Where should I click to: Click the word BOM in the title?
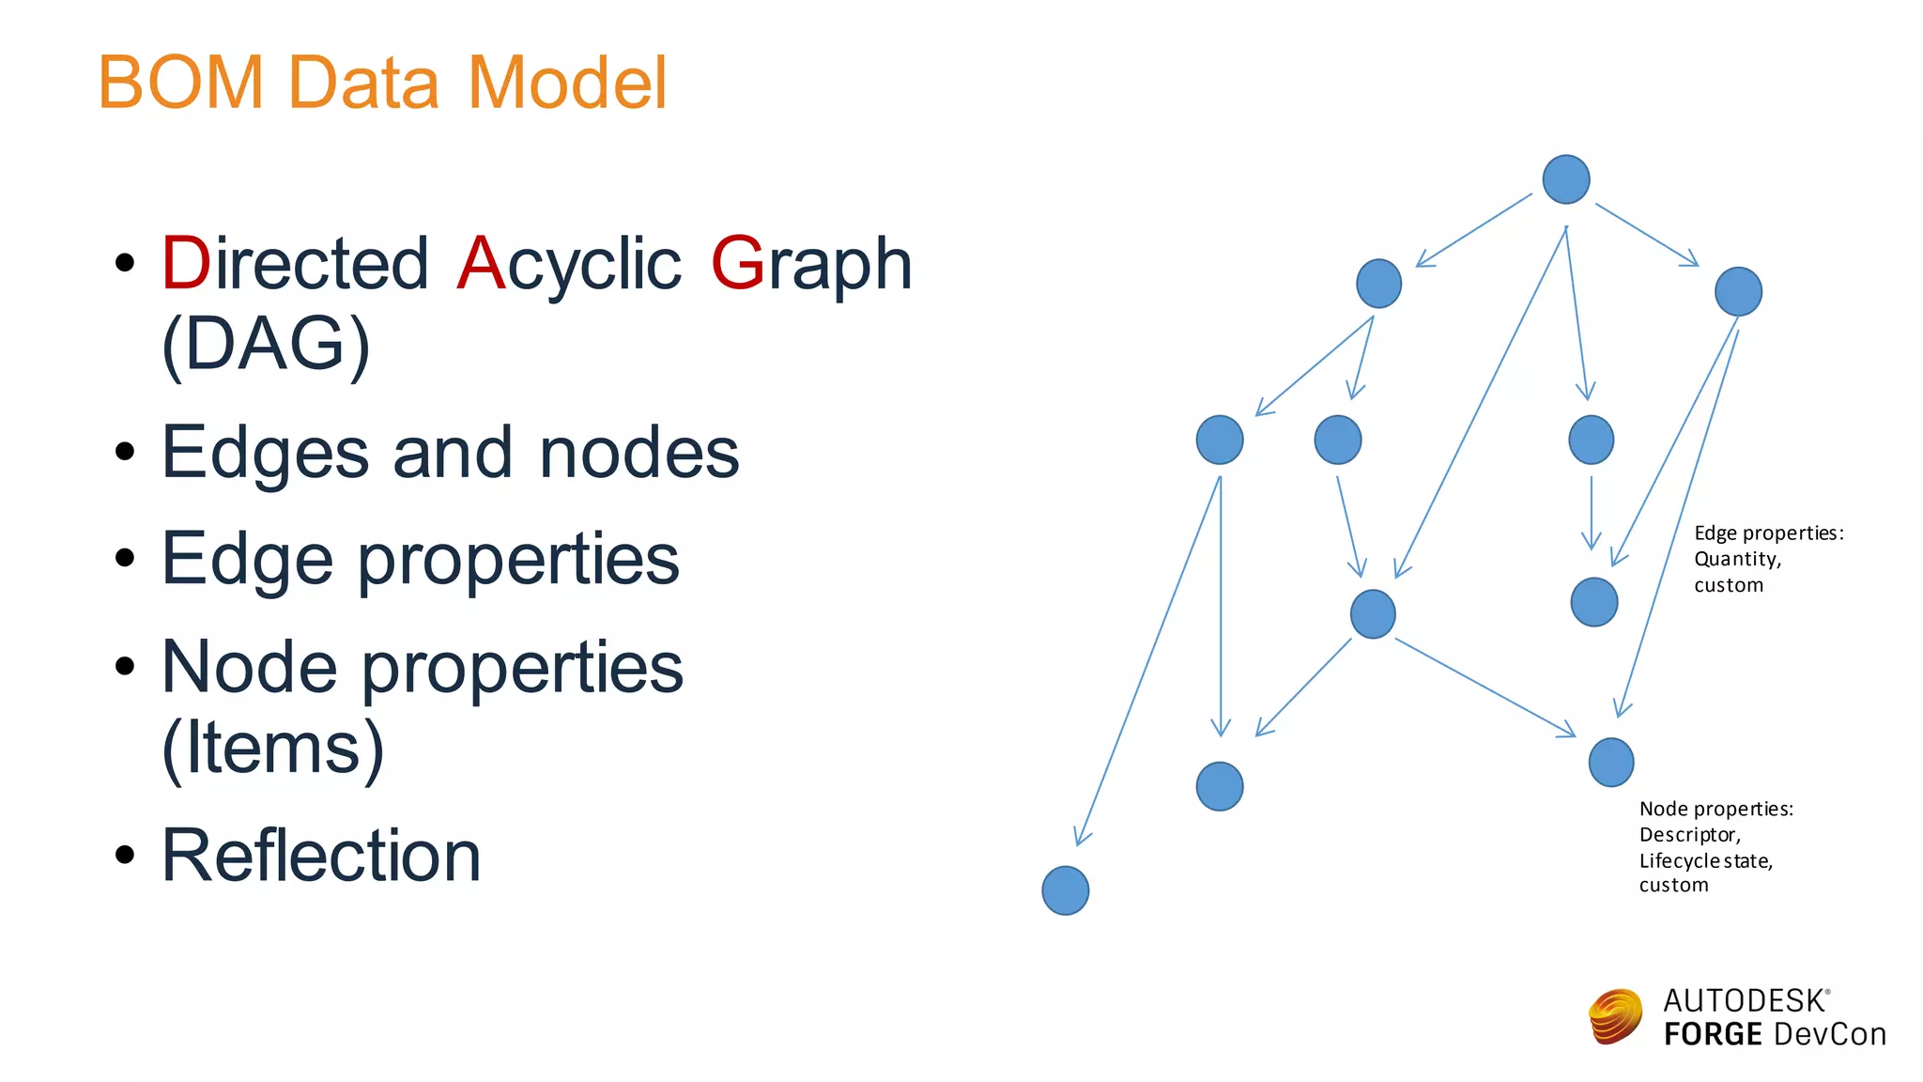pos(181,83)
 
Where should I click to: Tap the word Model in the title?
pos(566,83)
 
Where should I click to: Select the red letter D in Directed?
pos(186,264)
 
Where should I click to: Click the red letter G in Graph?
pos(738,264)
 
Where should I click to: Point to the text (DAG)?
pos(266,345)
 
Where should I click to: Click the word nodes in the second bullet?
pos(639,454)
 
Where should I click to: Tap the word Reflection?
pos(321,856)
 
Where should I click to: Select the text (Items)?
pos(272,748)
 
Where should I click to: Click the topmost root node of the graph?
pos(1566,179)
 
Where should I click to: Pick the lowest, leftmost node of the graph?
pos(1066,890)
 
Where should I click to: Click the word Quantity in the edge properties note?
pos(1737,559)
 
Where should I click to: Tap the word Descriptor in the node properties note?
pos(1689,834)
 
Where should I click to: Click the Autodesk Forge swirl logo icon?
pos(1615,1016)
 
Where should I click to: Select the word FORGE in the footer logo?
pos(1713,1034)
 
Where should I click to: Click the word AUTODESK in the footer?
pos(1744,1001)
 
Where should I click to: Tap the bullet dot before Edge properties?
pos(125,559)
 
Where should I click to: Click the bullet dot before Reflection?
pos(125,856)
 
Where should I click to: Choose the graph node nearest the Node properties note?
pos(1611,762)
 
